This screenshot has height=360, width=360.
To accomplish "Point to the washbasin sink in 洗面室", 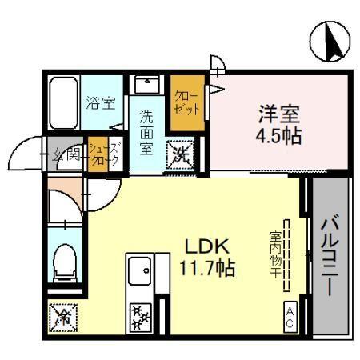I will (145, 84).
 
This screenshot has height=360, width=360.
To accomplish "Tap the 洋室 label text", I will (279, 113).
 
